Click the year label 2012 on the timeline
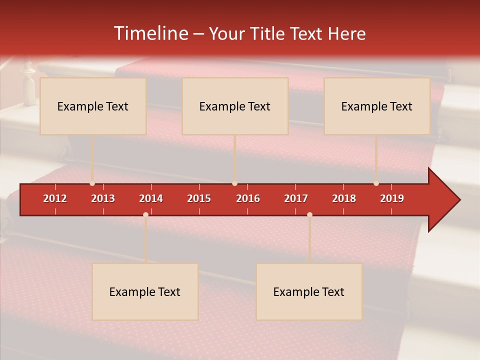pos(55,198)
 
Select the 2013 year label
pos(103,198)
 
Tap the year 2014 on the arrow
pos(151,198)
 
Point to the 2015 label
pos(199,198)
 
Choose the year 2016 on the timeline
pos(248,198)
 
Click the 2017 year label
pos(296,198)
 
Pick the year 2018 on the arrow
pos(344,198)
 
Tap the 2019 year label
pos(392,198)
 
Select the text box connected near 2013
pos(93,106)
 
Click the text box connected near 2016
pos(235,106)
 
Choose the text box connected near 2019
pos(377,106)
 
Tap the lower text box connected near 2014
pos(145,291)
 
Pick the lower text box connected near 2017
pos(309,291)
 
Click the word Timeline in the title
pos(150,33)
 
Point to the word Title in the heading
pos(268,33)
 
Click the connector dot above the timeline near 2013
pos(92,183)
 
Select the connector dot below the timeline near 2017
pos(309,214)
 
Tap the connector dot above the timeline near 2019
pos(376,183)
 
